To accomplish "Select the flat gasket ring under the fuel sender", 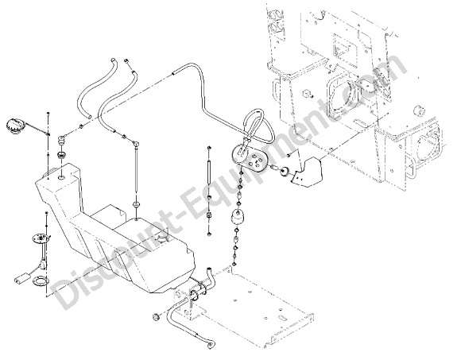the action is [x=39, y=281].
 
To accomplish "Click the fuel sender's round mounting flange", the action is [x=41, y=239].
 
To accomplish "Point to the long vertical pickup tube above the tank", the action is [x=136, y=169].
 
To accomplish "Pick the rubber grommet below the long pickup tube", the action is [x=136, y=204].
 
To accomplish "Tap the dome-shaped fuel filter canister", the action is [x=238, y=216].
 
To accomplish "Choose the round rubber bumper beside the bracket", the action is [x=285, y=172].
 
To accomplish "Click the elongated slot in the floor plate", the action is [x=282, y=317].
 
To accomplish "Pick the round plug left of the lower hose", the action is [x=157, y=316].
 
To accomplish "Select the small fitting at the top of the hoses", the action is [x=126, y=60].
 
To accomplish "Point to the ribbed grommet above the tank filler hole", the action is [x=62, y=154].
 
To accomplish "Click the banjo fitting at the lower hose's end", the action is [x=210, y=345].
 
